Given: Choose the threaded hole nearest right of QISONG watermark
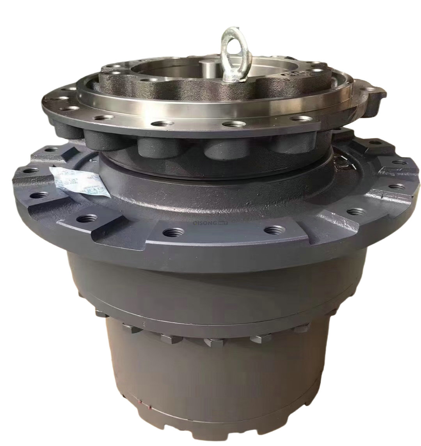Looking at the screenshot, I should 270,230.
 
